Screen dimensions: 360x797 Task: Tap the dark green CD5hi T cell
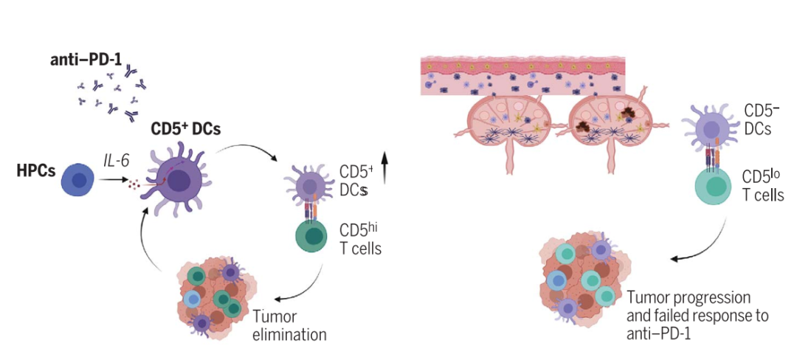[314, 238]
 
